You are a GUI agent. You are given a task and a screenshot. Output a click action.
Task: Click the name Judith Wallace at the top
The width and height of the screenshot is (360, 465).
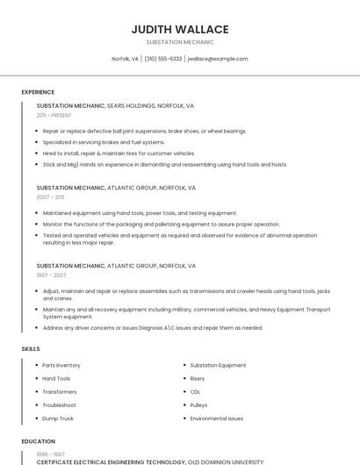pos(179,30)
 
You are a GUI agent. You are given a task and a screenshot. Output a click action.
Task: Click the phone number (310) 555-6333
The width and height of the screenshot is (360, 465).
pos(162,59)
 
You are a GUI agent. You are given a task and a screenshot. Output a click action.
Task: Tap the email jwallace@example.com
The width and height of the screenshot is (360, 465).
pos(218,59)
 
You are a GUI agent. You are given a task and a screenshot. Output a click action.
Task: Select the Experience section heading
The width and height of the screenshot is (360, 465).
pos(38,91)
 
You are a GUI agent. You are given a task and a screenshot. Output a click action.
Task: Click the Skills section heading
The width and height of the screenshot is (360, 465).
pos(31,348)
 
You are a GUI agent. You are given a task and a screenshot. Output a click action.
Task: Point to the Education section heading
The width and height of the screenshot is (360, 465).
pos(38,441)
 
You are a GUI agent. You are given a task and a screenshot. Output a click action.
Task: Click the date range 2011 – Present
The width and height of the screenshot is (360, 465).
pos(54,115)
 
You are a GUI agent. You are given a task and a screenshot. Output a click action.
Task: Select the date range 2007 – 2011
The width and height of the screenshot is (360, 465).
pos(50,197)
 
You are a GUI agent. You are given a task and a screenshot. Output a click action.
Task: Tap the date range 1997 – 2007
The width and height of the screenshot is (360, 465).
pos(50,275)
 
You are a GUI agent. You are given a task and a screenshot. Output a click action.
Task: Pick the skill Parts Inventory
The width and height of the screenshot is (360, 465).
pos(61,365)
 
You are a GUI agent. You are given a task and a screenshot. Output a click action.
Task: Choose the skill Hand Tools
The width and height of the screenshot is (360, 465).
pos(56,378)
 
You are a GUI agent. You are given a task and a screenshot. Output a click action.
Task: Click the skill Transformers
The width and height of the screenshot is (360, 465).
pos(60,391)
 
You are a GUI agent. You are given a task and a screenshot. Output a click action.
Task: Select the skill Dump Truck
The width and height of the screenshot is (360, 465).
pos(58,418)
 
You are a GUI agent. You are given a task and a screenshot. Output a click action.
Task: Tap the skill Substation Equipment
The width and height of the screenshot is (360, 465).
pos(218,365)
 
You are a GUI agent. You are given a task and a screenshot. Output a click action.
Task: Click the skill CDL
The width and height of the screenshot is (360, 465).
pos(195,391)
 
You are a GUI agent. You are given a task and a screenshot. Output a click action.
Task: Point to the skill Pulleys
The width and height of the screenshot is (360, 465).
pos(198,405)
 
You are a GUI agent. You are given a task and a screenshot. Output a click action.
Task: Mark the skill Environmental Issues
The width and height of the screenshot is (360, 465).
pos(217,418)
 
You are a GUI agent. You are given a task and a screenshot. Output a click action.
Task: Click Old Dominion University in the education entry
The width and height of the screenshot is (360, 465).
pos(226,461)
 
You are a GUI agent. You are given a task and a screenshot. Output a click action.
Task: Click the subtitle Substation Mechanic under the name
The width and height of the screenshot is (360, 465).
pos(179,42)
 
